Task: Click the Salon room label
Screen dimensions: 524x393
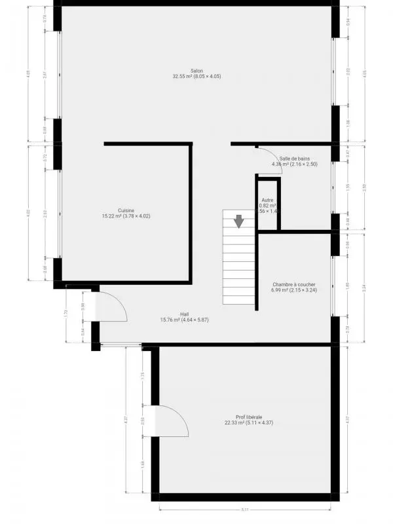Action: (x=196, y=70)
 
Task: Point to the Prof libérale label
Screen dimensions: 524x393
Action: (x=249, y=417)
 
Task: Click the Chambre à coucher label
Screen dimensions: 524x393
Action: (x=295, y=284)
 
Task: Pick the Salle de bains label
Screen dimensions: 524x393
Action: (x=295, y=158)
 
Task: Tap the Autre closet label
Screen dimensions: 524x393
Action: (x=267, y=198)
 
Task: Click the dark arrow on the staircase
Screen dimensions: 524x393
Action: (x=240, y=221)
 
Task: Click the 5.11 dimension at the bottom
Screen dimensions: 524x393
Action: (x=244, y=511)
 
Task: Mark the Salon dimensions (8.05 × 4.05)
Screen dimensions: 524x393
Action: (x=210, y=77)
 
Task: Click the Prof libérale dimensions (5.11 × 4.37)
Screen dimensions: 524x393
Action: (x=263, y=423)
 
